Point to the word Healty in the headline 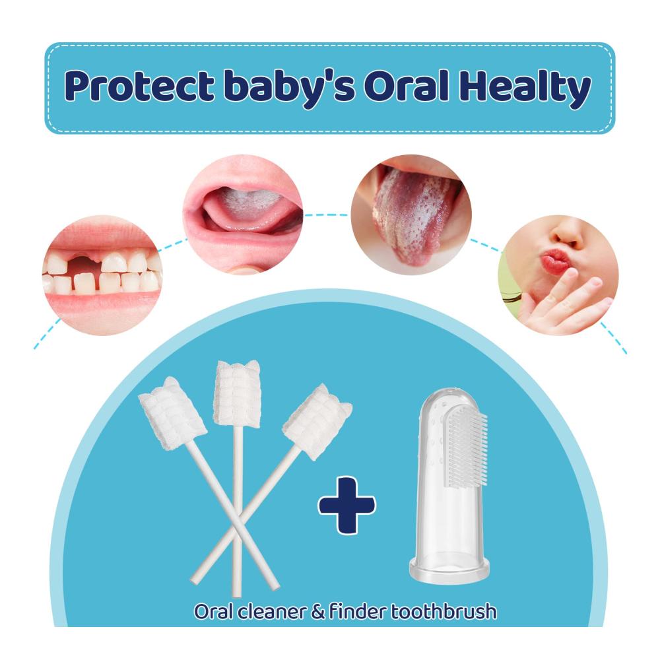[x=525, y=88]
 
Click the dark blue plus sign [x=346, y=505]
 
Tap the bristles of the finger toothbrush [x=466, y=448]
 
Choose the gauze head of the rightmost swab [x=316, y=416]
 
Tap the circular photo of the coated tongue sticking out [x=411, y=214]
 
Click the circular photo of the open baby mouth [x=243, y=214]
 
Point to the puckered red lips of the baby [x=556, y=262]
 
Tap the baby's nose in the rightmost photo [x=568, y=236]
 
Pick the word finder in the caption [x=358, y=611]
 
